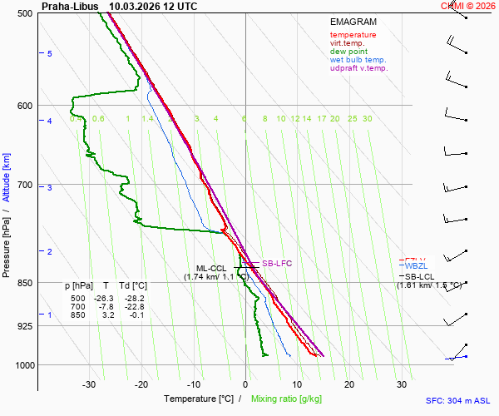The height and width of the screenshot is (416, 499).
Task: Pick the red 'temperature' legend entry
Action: (x=353, y=35)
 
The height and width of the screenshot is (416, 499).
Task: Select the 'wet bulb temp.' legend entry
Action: (x=358, y=60)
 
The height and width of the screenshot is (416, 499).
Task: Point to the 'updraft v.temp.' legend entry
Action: (x=358, y=68)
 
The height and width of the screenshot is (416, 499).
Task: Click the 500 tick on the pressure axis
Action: (x=24, y=14)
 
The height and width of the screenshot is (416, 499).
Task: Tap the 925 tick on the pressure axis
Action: (x=24, y=326)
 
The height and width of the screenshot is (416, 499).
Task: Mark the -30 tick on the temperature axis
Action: (x=89, y=384)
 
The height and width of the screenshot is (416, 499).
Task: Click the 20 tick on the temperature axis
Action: (x=349, y=384)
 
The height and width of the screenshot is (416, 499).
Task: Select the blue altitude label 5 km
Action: (x=50, y=53)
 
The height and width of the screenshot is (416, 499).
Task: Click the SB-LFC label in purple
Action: (x=277, y=264)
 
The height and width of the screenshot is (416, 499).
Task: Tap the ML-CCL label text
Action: (x=203, y=268)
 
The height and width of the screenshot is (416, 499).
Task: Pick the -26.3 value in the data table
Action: (x=103, y=298)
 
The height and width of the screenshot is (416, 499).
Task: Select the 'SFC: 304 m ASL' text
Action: (x=457, y=400)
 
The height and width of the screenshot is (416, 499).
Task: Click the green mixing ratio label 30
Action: (x=367, y=119)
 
